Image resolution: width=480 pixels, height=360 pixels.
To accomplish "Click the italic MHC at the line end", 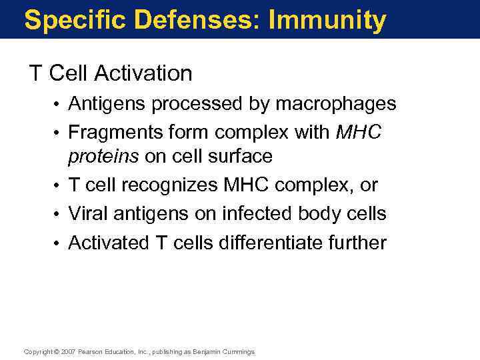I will click(x=359, y=133).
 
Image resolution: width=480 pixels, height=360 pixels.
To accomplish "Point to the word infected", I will click(x=249, y=214).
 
